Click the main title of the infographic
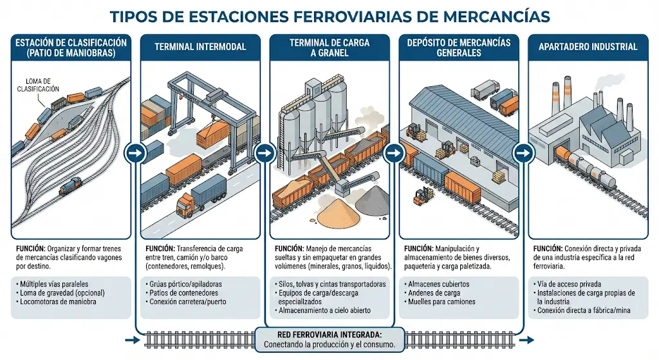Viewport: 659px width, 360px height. click(329, 15)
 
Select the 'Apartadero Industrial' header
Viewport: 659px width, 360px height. click(588, 47)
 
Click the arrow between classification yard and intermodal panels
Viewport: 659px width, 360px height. click(135, 153)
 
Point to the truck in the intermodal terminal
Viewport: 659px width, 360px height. click(201, 195)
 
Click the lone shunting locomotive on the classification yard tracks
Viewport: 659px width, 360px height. click(70, 186)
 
